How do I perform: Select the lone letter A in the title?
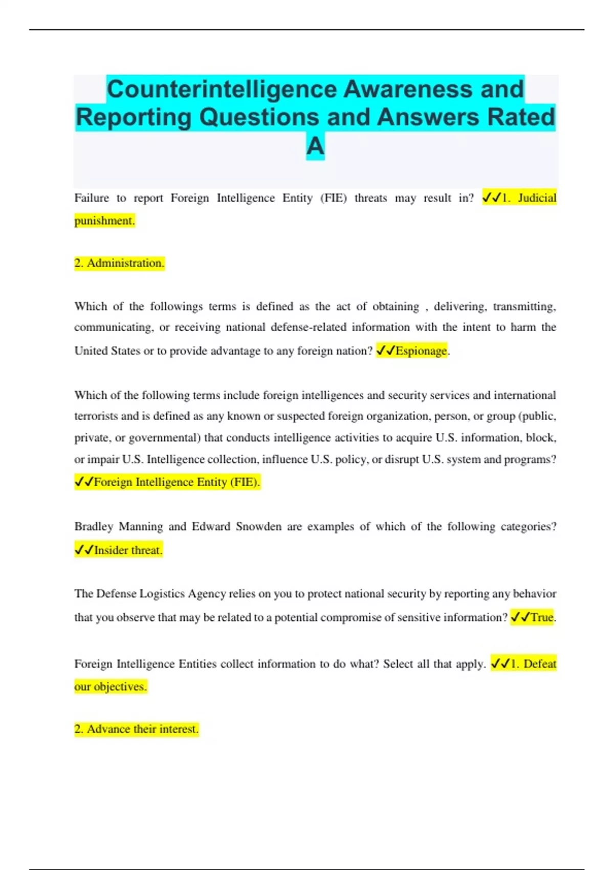coord(315,146)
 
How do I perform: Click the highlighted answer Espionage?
coord(421,351)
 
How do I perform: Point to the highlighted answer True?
coord(542,617)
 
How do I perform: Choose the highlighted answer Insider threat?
coord(127,550)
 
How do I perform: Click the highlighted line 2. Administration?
coord(119,263)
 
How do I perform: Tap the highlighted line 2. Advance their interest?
coord(136,729)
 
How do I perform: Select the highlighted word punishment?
coord(104,221)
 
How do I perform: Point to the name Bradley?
coord(93,527)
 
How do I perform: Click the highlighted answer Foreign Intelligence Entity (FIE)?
coord(177,482)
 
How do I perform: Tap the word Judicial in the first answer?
coord(537,198)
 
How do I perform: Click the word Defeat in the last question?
coord(539,664)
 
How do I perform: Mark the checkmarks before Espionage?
coord(385,351)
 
